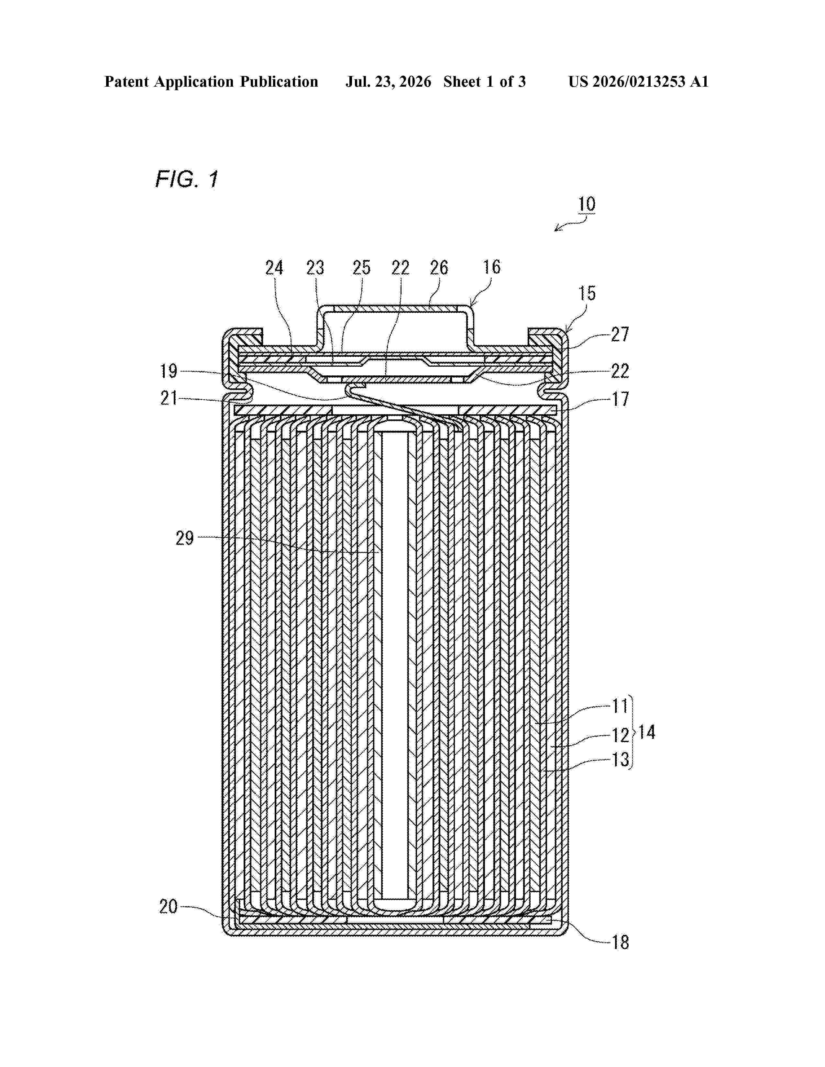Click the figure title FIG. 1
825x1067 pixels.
tap(187, 180)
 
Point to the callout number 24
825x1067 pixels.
tap(274, 268)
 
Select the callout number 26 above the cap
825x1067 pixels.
tap(439, 268)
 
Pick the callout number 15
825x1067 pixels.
tap(587, 293)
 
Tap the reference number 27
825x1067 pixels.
tap(620, 335)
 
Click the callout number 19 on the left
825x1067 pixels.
tap(169, 371)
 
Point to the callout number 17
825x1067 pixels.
tap(620, 400)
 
